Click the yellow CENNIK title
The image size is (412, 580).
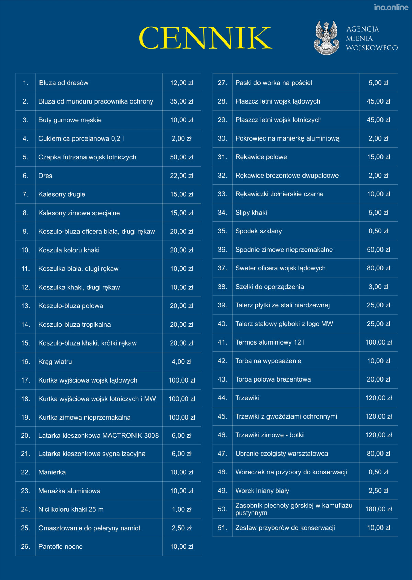[205, 38]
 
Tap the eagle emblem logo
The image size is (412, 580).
[326, 38]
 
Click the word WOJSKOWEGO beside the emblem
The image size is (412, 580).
[372, 48]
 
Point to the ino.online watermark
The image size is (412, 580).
[391, 7]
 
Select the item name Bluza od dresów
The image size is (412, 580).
[64, 83]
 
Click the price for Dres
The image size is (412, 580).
[182, 176]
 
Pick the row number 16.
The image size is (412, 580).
[25, 362]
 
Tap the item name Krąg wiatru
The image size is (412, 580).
[55, 362]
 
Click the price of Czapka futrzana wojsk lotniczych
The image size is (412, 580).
[182, 157]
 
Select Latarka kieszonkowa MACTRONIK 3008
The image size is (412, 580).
[99, 436]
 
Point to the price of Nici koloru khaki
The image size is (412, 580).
[182, 510]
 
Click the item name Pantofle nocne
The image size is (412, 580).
[60, 547]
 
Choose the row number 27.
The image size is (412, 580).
[222, 83]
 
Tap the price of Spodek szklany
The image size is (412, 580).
[378, 231]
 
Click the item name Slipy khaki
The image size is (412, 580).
[251, 213]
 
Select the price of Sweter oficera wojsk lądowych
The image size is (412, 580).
[378, 268]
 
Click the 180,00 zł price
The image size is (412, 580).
[378, 509]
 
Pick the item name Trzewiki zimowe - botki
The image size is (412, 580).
[269, 435]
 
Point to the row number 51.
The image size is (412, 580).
[222, 528]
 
